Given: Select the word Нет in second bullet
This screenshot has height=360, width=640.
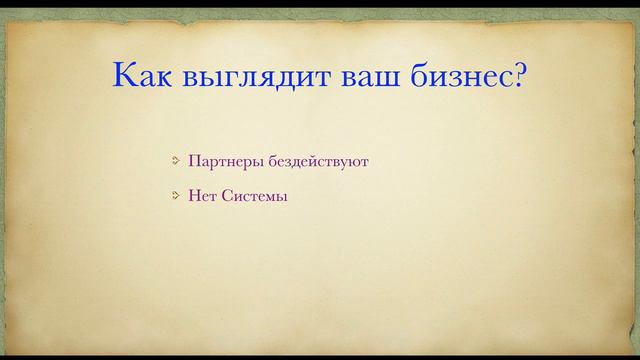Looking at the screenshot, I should coord(201,196).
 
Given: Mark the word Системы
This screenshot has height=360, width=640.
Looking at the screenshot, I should coord(254,196).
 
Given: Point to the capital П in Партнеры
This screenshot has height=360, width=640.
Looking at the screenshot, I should coord(193,160).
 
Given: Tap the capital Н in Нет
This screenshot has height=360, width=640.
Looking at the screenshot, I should coord(193,196).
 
